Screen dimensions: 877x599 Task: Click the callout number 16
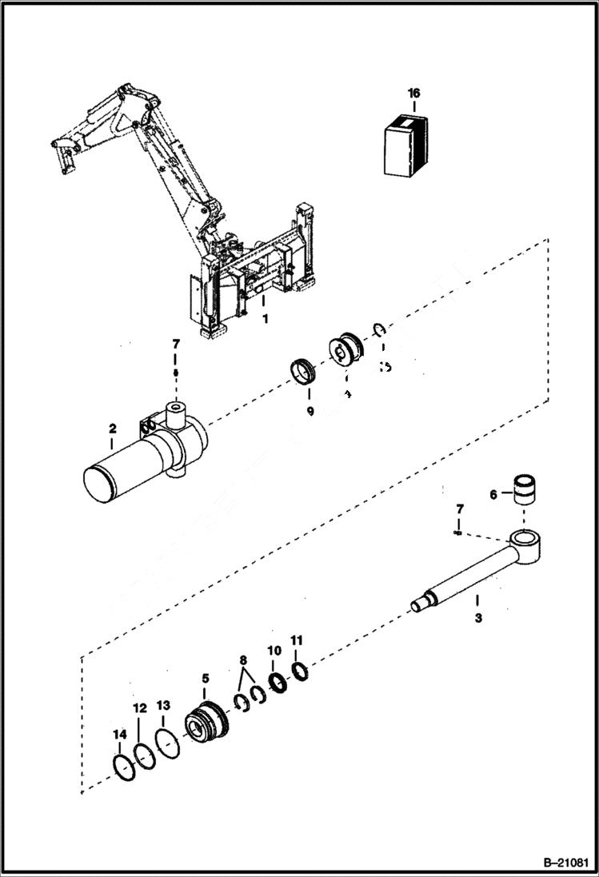point(413,94)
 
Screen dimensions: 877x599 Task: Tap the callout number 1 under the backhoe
point(265,318)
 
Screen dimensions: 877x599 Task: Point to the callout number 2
point(112,429)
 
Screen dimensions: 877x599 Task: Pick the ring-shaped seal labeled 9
point(305,373)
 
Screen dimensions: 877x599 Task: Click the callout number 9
point(310,410)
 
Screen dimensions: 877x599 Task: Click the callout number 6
point(493,495)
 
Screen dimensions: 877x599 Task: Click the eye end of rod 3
point(526,546)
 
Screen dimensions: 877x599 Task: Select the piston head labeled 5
point(206,723)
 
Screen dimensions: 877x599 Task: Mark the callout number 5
point(205,678)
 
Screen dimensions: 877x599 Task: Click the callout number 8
point(243,660)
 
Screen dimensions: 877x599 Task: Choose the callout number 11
point(297,640)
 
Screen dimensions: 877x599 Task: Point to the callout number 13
point(163,706)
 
